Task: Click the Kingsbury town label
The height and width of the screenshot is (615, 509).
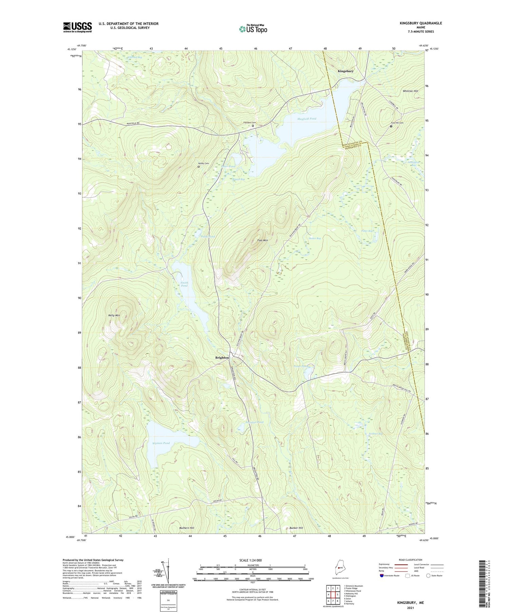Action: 345,71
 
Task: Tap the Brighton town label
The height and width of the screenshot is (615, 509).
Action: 222,358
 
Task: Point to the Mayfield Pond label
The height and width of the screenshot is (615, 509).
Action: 307,119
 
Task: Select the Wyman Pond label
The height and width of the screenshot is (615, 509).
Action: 161,443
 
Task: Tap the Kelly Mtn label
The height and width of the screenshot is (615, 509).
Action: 114,315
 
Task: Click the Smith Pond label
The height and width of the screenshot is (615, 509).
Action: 184,284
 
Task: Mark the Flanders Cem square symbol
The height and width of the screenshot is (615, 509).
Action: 253,126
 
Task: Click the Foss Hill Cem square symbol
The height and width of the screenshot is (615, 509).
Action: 391,126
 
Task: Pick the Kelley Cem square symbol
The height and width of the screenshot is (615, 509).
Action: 199,167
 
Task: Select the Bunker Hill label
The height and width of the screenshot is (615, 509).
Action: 296,528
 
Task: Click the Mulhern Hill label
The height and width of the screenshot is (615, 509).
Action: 187,528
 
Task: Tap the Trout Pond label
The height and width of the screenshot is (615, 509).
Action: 301,366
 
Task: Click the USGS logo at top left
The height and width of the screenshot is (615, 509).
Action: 77,27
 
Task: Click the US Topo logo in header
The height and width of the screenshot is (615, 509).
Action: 253,29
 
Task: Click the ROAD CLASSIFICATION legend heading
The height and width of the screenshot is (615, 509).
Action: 411,560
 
